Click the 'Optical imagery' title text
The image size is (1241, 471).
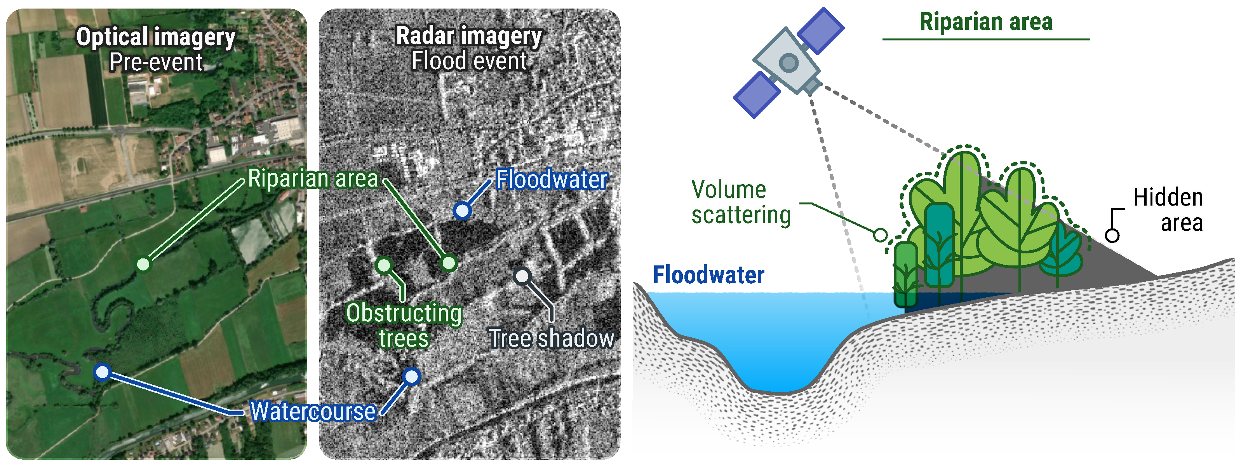(156, 37)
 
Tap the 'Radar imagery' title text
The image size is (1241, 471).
(469, 36)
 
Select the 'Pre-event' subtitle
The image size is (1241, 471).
(156, 62)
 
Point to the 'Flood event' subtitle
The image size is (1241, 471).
(469, 61)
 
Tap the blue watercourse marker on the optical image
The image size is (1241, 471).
(102, 372)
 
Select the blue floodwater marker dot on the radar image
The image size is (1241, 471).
(461, 211)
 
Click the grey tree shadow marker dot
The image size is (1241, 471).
(522, 276)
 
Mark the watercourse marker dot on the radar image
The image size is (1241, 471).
(411, 377)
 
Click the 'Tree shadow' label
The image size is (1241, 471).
(551, 338)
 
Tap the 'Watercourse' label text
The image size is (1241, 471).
(313, 411)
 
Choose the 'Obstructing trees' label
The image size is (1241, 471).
(404, 325)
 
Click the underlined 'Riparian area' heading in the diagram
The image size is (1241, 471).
(986, 22)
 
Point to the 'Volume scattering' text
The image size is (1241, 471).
(740, 202)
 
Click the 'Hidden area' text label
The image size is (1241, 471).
(1168, 210)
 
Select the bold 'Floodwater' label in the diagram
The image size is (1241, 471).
(708, 275)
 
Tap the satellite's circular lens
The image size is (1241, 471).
(788, 62)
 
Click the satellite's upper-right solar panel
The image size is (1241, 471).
(820, 30)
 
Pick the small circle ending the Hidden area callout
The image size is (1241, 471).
(1112, 235)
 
